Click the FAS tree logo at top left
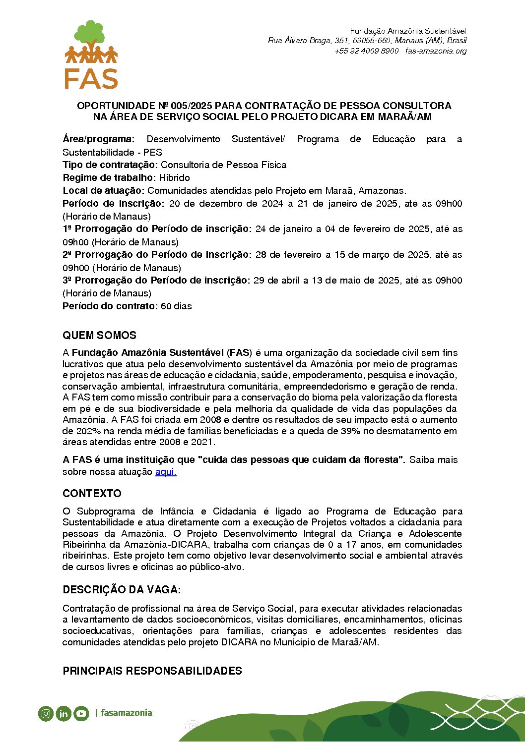[91, 55]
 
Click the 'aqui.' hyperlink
[166, 472]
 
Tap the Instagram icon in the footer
[46, 714]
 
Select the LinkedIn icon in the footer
[64, 714]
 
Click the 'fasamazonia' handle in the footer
[127, 713]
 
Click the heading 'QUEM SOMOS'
[99, 336]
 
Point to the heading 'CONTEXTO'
[92, 494]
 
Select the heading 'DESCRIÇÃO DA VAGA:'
[122, 590]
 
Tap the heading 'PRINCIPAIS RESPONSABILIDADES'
[152, 671]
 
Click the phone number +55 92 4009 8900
[367, 51]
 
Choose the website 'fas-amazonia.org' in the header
[436, 51]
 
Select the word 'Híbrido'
[174, 178]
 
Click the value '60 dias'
[176, 306]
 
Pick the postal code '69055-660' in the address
[371, 41]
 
